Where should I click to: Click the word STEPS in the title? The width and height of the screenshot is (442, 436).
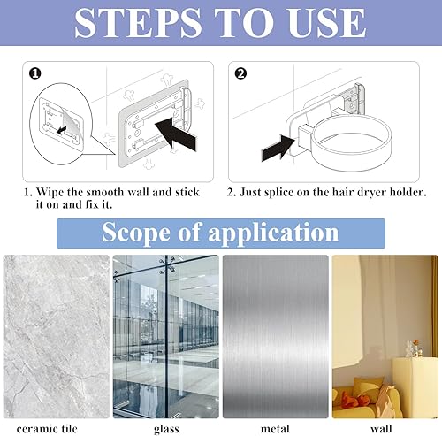point(138,23)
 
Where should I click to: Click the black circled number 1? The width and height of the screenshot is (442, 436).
point(35,73)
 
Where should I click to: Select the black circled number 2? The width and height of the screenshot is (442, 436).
point(240,73)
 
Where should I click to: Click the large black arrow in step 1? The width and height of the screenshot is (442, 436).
point(176,134)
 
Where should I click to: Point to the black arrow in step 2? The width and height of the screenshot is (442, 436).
point(278,149)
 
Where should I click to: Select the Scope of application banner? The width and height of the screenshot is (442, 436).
point(221,233)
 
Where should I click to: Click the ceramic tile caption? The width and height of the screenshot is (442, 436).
point(47,429)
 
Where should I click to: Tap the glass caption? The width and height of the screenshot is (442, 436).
point(166,429)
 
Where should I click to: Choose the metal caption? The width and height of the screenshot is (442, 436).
point(275,429)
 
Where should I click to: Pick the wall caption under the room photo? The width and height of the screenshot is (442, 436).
point(381,429)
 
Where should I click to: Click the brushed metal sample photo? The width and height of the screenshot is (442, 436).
point(276,336)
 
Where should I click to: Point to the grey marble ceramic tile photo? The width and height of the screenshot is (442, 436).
point(57,336)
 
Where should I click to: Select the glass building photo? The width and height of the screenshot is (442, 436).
point(166,336)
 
